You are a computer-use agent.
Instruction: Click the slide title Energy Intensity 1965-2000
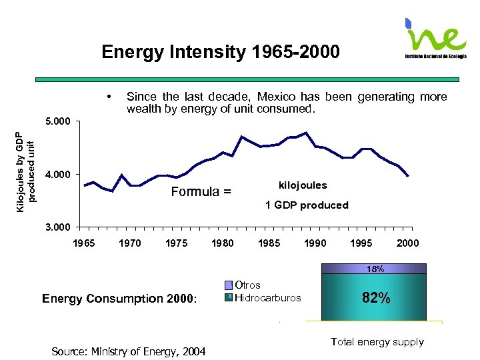[221, 52]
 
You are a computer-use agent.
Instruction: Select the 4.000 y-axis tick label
[58, 175]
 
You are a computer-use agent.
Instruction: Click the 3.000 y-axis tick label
[58, 227]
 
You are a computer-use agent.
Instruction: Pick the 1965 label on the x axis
[83, 243]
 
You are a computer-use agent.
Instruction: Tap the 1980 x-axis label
[222, 243]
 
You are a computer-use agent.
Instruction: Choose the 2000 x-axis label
[407, 243]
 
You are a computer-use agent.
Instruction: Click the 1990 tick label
[315, 243]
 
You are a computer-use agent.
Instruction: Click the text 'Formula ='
[201, 192]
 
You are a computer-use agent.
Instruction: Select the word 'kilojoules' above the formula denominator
[302, 185]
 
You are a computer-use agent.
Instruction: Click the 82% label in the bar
[376, 298]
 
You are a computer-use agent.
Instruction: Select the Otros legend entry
[248, 285]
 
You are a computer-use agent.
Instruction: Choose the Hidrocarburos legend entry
[267, 297]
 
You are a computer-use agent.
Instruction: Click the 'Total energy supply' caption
[377, 342]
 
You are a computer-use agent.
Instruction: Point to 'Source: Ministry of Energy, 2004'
[129, 351]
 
